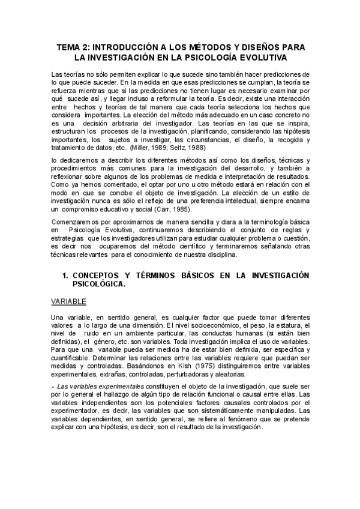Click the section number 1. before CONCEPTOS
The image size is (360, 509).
tap(65, 275)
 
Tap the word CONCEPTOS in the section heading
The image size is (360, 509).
tap(98, 275)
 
